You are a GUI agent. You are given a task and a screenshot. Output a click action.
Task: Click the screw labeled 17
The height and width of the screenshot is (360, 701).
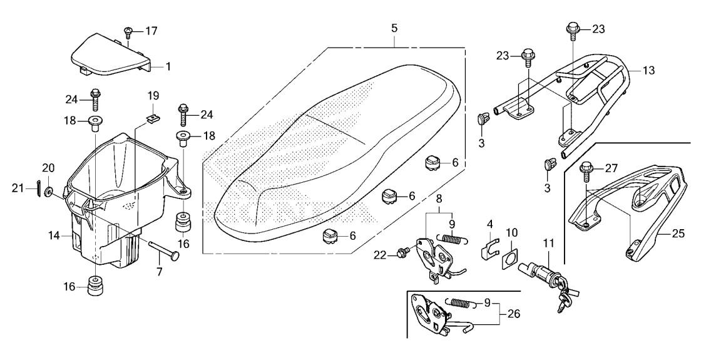128,32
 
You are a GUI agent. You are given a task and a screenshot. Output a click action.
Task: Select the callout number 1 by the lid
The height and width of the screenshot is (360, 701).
168,67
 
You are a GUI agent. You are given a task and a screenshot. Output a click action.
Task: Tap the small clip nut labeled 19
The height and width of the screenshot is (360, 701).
152,118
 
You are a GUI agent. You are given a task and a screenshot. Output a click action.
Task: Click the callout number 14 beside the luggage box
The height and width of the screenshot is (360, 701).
54,235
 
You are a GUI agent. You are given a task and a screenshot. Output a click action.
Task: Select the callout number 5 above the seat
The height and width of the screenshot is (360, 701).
394,28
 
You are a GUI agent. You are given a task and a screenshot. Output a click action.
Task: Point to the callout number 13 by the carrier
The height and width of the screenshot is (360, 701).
648,70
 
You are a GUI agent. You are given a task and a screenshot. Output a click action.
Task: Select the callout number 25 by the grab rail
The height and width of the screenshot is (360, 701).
678,234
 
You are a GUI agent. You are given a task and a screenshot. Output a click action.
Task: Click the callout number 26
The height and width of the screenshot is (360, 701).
514,314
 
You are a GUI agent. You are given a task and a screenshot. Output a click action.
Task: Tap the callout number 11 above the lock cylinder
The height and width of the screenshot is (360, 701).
548,244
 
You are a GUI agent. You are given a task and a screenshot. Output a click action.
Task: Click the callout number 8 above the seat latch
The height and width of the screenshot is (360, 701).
439,198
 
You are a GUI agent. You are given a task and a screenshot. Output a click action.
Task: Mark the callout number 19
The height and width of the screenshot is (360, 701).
153,96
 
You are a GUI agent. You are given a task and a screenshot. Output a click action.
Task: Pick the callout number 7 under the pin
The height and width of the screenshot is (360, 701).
160,271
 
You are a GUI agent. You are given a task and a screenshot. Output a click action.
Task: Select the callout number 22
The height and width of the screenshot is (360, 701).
379,255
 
